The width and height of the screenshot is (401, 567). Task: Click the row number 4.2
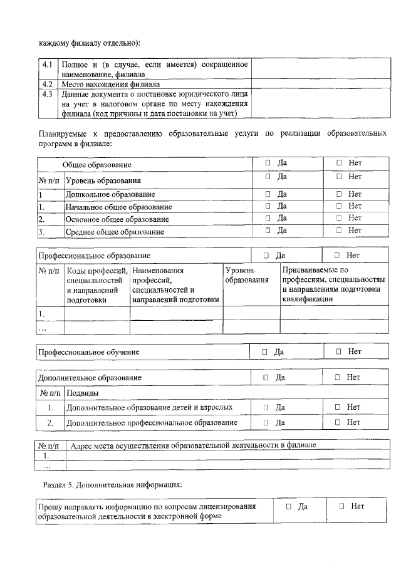pyautogui.click(x=48, y=83)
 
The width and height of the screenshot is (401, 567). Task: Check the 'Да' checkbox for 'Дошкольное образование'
pyautogui.click(x=268, y=194)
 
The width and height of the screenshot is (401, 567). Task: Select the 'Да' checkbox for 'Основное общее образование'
pyautogui.click(x=268, y=218)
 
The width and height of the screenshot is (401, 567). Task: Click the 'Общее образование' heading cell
pyautogui.click(x=96, y=165)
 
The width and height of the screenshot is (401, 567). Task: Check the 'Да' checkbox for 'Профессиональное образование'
pyautogui.click(x=266, y=256)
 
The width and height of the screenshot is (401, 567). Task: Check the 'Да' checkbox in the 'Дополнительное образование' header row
pyautogui.click(x=266, y=377)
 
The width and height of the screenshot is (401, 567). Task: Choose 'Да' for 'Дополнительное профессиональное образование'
pyautogui.click(x=266, y=423)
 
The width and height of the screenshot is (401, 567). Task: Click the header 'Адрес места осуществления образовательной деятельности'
pyautogui.click(x=194, y=445)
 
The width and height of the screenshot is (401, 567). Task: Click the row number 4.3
pyautogui.click(x=48, y=94)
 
